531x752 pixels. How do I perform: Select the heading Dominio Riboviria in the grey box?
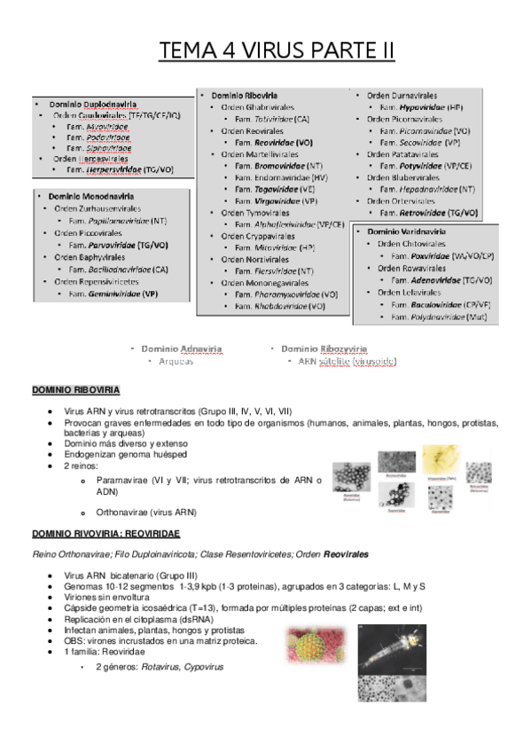pyautogui.click(x=244, y=94)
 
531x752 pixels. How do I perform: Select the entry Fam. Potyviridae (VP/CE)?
pyautogui.click(x=422, y=165)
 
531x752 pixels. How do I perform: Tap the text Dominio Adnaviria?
pyautogui.click(x=181, y=349)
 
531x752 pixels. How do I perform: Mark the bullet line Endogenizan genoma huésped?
pyautogui.click(x=125, y=454)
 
